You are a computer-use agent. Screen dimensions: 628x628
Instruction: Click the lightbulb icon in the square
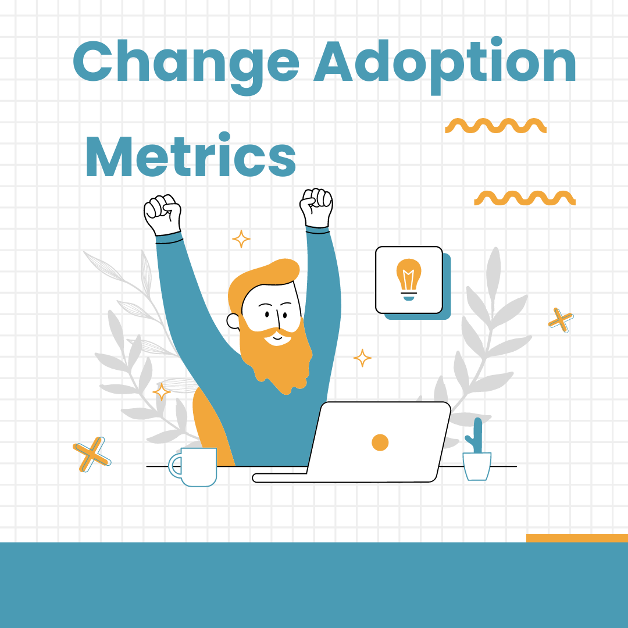pos(409,279)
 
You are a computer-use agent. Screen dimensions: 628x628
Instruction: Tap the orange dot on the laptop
pos(380,443)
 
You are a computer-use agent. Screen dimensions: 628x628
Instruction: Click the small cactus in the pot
pos(477,436)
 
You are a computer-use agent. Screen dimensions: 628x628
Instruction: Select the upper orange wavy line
pos(495,126)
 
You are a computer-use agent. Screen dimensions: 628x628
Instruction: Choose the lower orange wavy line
pos(524,198)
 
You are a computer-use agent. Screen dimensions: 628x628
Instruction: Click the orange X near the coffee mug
pos(92,454)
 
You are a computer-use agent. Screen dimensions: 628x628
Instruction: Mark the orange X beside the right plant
pos(561,320)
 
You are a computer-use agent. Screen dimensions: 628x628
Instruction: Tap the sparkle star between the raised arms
pos(241,238)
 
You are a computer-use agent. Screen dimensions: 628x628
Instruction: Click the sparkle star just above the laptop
pos(362,358)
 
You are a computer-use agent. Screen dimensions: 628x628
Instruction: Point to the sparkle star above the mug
pos(161,391)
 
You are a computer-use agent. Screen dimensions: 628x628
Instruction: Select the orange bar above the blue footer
pos(577,538)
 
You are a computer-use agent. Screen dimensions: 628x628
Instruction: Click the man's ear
pos(233,320)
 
